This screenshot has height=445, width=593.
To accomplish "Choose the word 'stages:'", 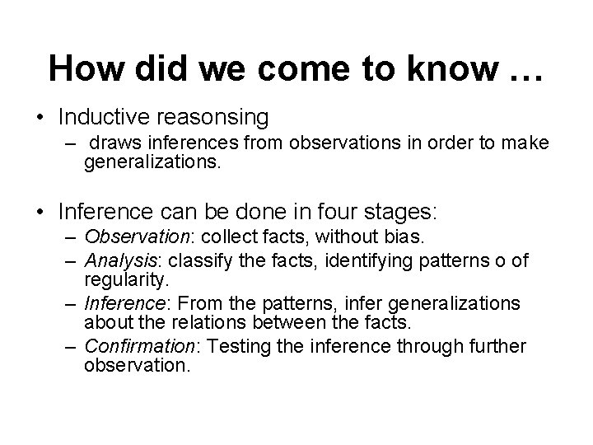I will [403, 213].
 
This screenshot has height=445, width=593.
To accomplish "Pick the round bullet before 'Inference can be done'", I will [40, 212].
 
